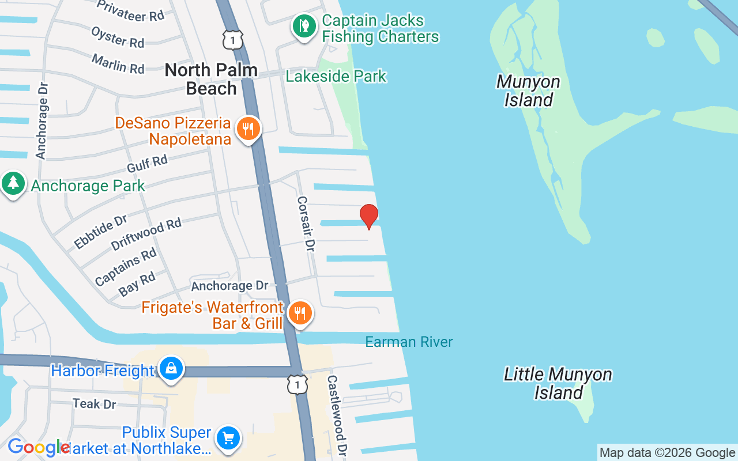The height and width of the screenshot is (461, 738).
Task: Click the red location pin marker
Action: (369, 216)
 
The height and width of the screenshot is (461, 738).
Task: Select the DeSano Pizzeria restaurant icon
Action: (248, 129)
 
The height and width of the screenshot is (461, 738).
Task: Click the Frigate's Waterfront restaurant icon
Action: (299, 313)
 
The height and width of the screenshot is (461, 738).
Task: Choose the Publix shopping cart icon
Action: (228, 439)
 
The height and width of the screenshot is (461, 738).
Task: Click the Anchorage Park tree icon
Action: (13, 184)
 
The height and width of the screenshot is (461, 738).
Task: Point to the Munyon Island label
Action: (528, 90)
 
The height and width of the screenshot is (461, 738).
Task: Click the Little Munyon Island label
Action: (558, 383)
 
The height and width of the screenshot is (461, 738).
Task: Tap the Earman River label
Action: (409, 342)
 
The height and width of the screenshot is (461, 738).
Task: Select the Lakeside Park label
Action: (336, 76)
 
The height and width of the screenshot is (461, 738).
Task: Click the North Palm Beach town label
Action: (210, 79)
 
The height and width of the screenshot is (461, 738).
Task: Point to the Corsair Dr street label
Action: (306, 224)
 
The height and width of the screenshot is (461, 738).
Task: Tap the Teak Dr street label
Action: (95, 403)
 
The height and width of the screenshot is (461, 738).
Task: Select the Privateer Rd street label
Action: (131, 10)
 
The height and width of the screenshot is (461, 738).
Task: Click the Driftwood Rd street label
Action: (146, 234)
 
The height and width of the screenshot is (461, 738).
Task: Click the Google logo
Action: (39, 448)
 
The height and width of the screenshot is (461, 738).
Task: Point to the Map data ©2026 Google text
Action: (667, 453)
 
